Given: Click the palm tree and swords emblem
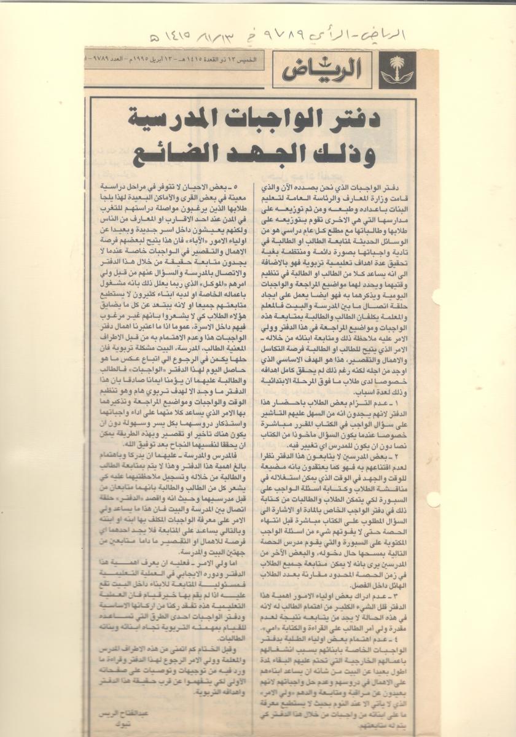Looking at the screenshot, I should click(x=397, y=70).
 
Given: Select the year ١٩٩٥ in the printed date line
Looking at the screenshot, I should click(x=143, y=60).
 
